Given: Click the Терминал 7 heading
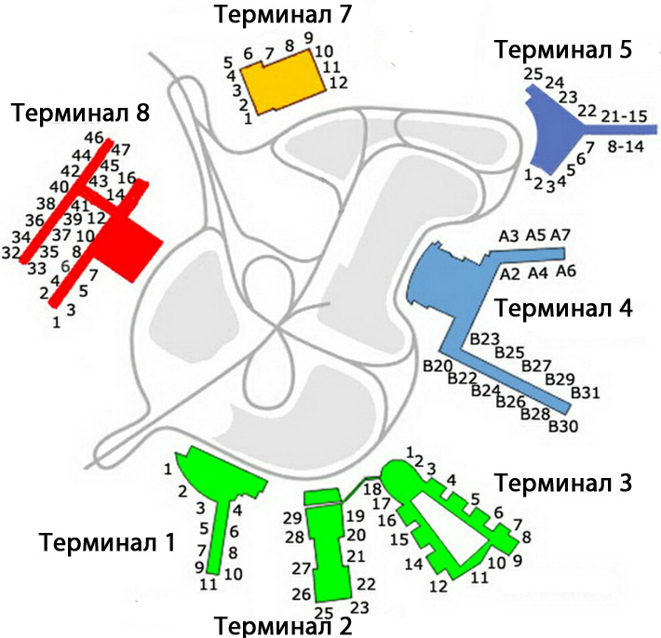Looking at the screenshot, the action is [277, 16].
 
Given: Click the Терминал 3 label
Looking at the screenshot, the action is [563, 483].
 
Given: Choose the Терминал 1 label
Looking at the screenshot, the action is [106, 541].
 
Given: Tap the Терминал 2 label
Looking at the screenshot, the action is [283, 625].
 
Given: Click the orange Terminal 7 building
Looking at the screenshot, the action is [283, 83].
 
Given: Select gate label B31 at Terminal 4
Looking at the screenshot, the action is [584, 393].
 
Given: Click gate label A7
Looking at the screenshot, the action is [560, 234].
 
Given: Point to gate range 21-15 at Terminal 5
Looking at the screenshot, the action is [625, 116].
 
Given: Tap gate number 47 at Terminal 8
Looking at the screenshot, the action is [121, 149].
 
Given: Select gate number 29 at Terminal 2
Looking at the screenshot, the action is [292, 517].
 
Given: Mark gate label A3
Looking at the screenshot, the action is [508, 236].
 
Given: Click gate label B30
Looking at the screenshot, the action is [563, 426].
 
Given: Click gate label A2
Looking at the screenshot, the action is [509, 274].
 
